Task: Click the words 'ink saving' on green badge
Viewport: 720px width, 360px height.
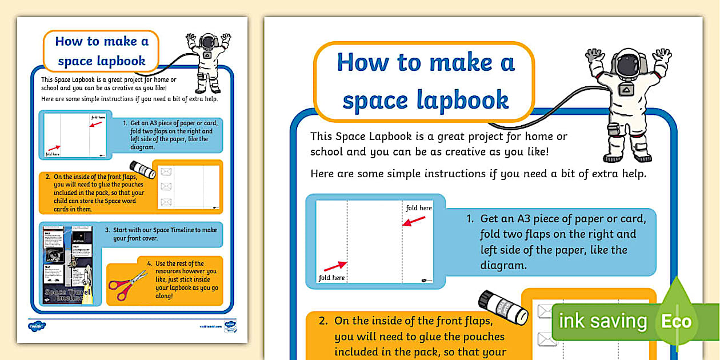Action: pos(602,322)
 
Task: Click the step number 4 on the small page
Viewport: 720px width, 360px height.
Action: pos(149,264)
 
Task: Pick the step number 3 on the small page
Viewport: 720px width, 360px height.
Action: pos(107,230)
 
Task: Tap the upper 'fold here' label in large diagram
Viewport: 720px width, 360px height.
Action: pos(418,208)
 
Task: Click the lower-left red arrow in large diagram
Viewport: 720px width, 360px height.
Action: pos(335,266)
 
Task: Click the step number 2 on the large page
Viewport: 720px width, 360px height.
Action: pos(323,321)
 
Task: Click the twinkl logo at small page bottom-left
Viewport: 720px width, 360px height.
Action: pos(37,326)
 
